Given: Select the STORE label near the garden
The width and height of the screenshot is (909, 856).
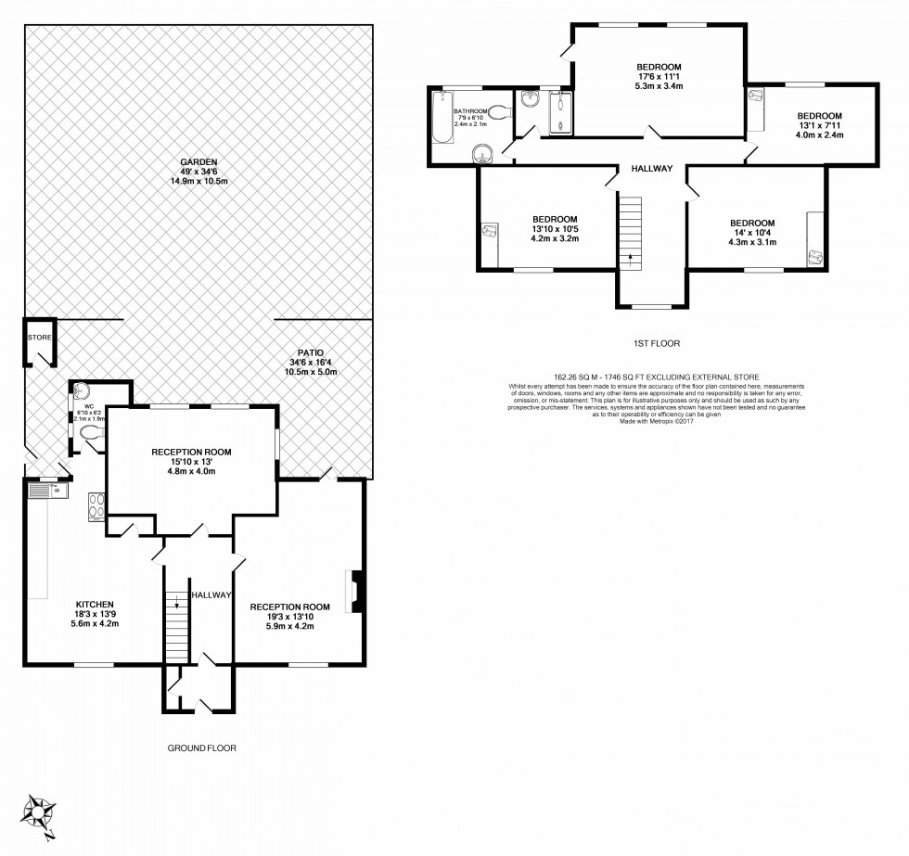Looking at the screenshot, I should point(39,338).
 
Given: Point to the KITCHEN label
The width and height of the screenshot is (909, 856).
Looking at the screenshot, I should point(95,604).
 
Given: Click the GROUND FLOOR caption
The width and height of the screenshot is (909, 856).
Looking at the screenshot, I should point(201,747).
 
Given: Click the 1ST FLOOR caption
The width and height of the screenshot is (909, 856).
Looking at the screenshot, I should point(657,343).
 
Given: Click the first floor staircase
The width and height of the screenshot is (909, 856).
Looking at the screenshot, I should point(632,231).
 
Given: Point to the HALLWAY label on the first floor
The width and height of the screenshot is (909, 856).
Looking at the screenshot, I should point(652,170).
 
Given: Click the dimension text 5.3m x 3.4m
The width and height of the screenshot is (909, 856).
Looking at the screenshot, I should point(659,86).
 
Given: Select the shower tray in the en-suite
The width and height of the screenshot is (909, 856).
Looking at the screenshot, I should point(560,114).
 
